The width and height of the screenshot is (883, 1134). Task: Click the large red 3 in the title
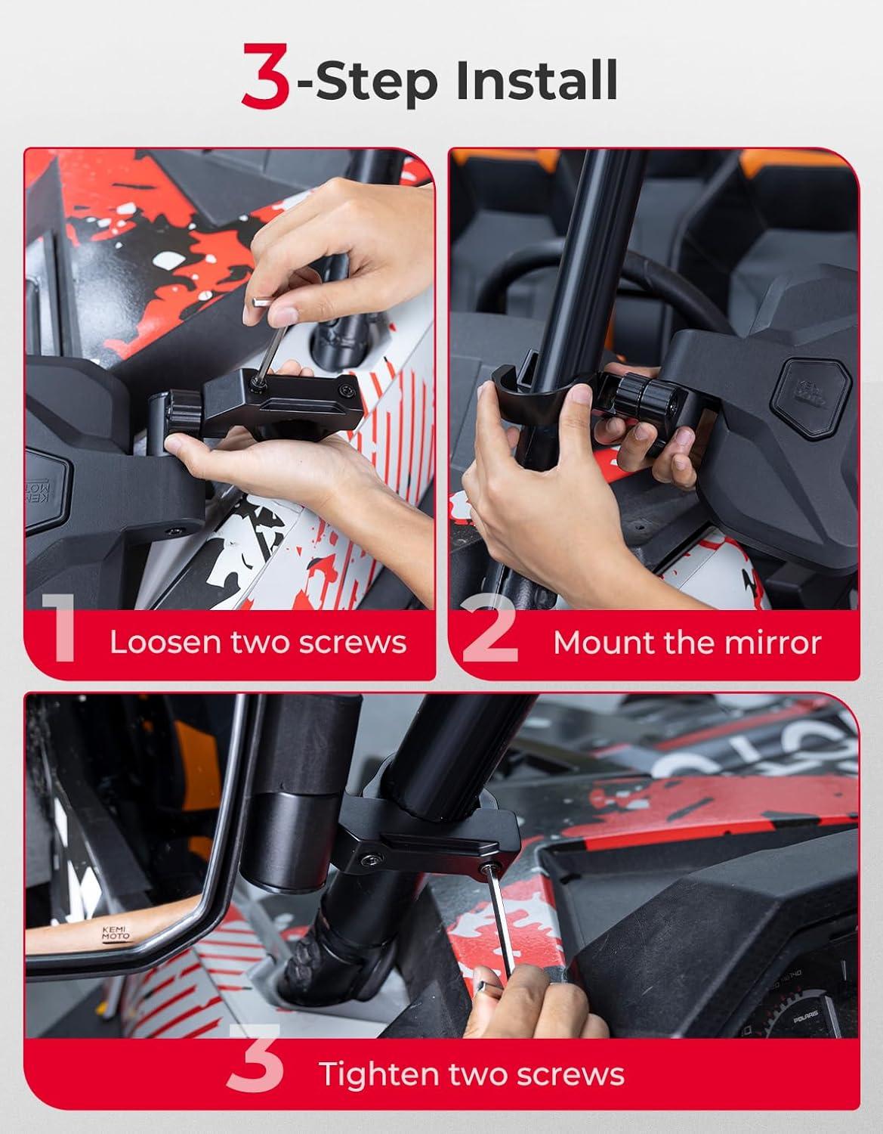(x=265, y=76)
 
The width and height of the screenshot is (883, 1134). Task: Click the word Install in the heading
(x=537, y=80)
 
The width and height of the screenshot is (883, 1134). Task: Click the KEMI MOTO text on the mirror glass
(x=116, y=933)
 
